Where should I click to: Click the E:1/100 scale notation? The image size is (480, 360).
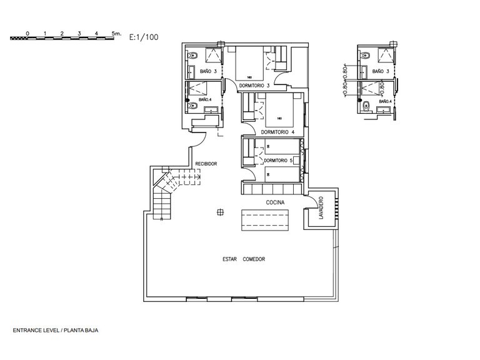(143, 37)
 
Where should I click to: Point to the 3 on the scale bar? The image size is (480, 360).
(79, 32)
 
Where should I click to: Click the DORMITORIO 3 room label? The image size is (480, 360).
(254, 85)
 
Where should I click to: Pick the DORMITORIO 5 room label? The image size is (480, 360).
(277, 161)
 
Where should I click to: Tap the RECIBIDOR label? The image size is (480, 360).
(206, 164)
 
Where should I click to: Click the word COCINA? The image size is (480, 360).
(276, 202)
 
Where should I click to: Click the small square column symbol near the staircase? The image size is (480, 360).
(218, 212)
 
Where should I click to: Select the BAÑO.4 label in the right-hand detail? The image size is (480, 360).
(385, 101)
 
